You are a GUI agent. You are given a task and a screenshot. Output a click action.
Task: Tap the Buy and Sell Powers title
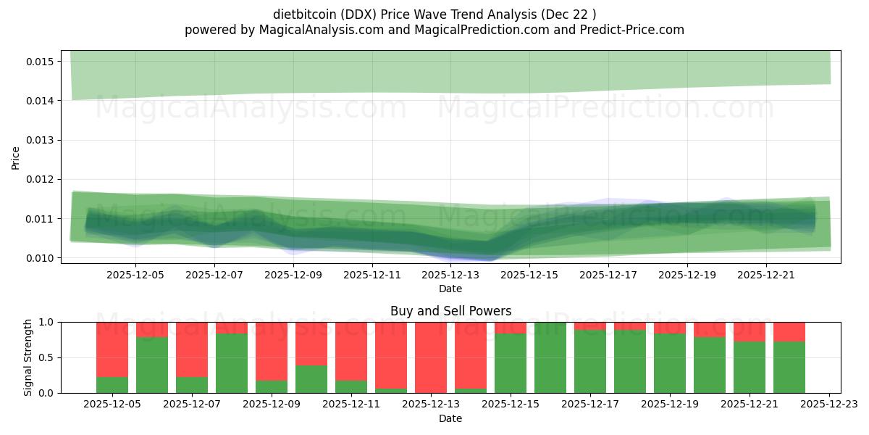pos(450,311)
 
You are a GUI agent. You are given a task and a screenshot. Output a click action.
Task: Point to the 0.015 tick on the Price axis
pos(41,62)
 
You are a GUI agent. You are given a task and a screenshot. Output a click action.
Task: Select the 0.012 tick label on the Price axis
pos(41,179)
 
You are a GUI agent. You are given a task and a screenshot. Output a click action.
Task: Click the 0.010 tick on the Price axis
pos(41,258)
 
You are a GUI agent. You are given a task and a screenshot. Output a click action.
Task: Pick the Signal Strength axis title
pos(29,357)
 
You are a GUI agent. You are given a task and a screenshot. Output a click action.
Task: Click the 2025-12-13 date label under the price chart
pos(450,275)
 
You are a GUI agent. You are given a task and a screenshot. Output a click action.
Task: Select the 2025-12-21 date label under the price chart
pos(766,275)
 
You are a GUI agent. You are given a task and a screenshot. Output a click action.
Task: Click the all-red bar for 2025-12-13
pos(431,357)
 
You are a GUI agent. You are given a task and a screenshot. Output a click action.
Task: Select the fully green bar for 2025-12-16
pos(550,357)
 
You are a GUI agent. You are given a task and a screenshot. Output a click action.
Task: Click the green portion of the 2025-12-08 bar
pos(232,362)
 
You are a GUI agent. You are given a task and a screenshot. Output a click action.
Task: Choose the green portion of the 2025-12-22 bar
pos(789,367)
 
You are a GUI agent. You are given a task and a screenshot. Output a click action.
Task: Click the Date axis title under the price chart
pos(450,289)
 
